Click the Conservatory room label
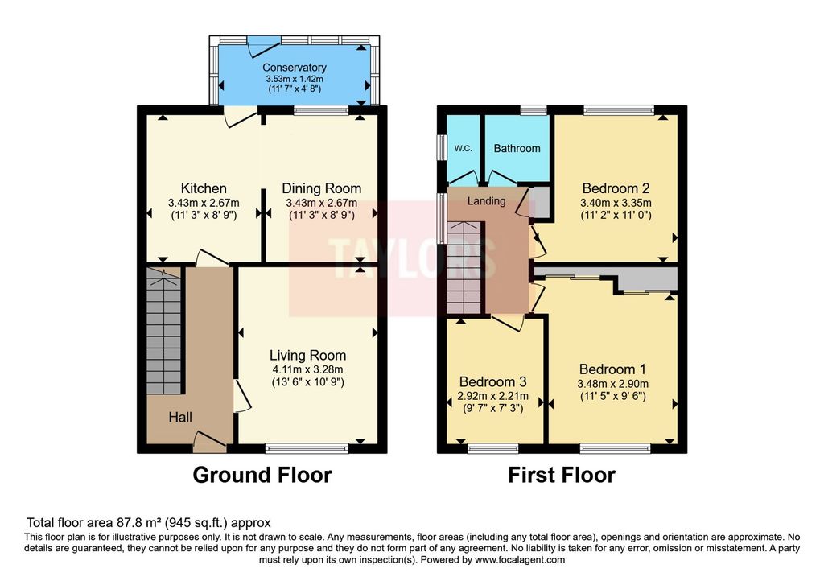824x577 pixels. click(x=295, y=68)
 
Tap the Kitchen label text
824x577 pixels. click(x=204, y=188)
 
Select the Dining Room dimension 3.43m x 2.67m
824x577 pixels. click(x=322, y=203)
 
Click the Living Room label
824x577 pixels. click(x=308, y=356)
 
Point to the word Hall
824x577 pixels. click(x=180, y=417)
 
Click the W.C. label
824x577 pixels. click(x=463, y=148)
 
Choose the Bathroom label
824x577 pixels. click(x=517, y=148)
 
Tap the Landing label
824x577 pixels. click(x=487, y=200)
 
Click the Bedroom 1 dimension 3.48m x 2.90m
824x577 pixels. click(x=612, y=384)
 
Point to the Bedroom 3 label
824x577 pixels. click(x=493, y=381)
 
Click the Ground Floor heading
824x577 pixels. click(x=262, y=475)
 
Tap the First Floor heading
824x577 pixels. click(x=561, y=475)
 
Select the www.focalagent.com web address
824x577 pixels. click(x=520, y=559)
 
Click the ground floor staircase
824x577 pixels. click(x=164, y=331)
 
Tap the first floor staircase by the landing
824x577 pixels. click(x=463, y=268)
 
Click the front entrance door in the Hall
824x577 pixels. click(x=210, y=442)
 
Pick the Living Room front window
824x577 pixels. click(x=307, y=447)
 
